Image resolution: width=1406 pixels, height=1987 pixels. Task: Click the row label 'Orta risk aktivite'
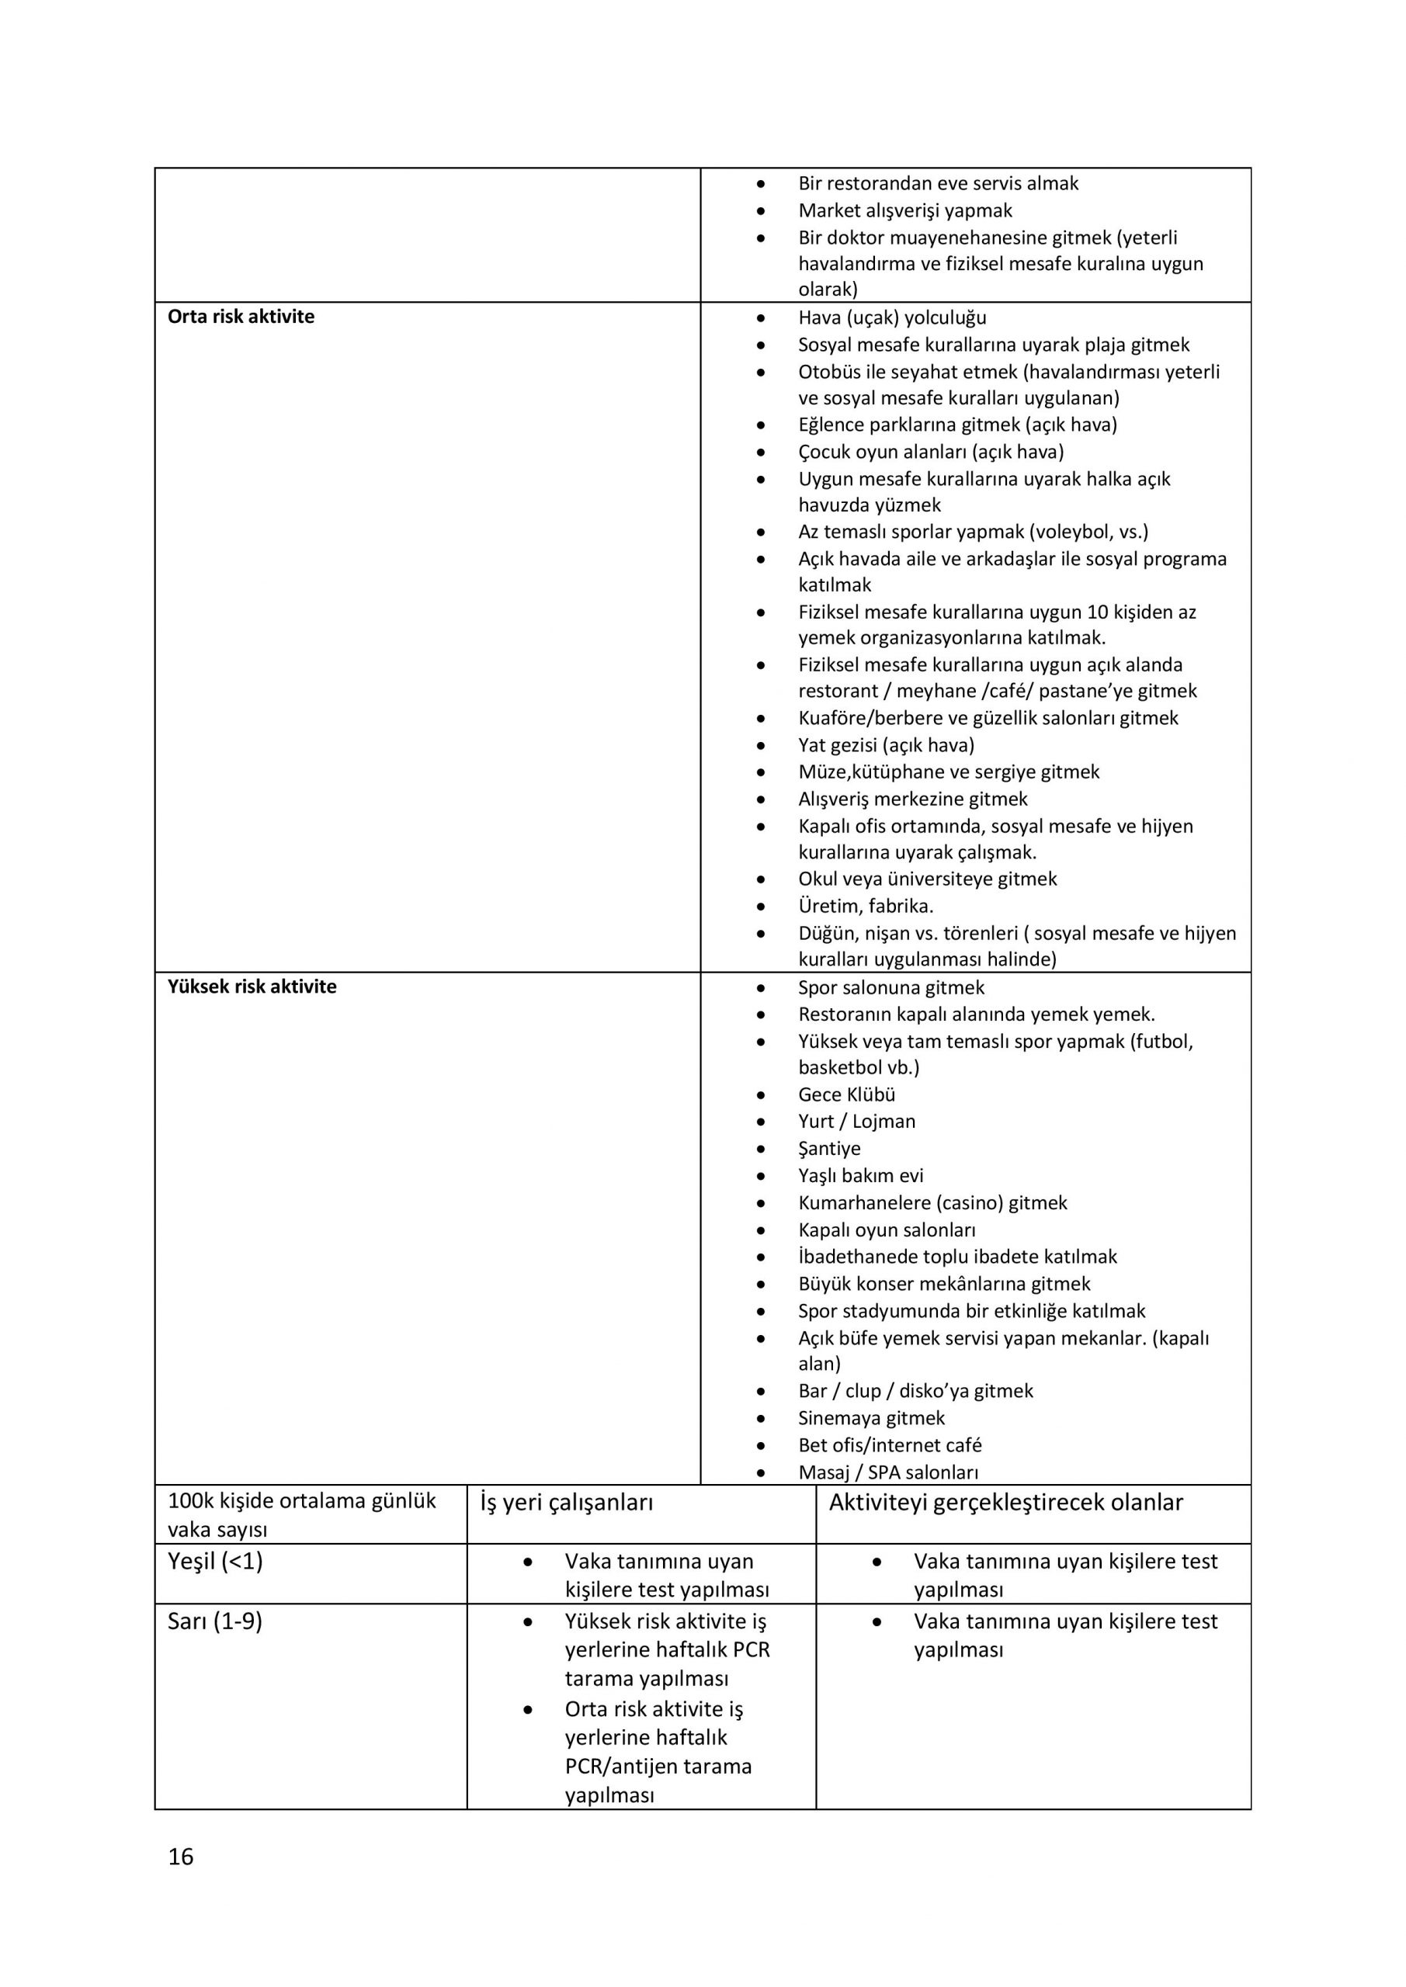click(x=241, y=317)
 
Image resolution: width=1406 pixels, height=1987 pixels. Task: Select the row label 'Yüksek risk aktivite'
click(x=252, y=987)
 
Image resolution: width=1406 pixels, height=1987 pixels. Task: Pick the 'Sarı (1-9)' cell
click(x=215, y=1621)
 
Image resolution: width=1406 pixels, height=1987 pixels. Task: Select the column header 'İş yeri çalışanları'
click(x=566, y=1503)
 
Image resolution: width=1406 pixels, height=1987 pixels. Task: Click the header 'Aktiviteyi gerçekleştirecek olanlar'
click(x=1005, y=1503)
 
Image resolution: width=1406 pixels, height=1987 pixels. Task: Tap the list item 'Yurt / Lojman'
click(x=856, y=1121)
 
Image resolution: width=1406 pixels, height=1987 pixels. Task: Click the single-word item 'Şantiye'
click(x=828, y=1149)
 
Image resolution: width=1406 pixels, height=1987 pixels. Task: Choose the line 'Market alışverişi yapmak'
click(x=904, y=210)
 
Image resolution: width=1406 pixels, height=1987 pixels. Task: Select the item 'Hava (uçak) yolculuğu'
click(x=892, y=317)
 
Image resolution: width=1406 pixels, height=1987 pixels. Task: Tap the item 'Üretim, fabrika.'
click(x=866, y=906)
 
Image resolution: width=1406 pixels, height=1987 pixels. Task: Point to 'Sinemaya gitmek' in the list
click(x=871, y=1417)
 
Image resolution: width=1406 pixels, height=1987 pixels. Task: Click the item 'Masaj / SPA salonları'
click(x=888, y=1472)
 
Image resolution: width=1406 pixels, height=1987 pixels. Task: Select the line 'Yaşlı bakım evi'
click(x=860, y=1175)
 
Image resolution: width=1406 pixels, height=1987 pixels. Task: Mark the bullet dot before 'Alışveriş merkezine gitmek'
click(x=760, y=799)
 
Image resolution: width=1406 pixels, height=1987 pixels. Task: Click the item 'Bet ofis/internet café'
click(x=889, y=1444)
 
